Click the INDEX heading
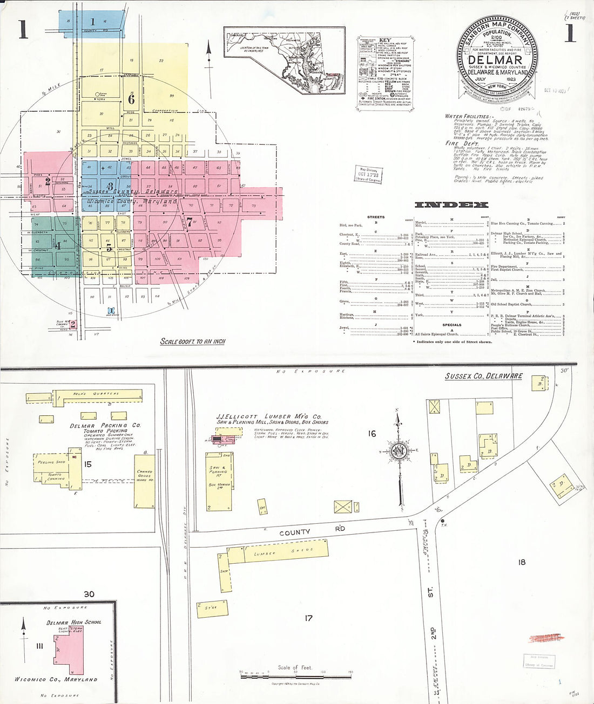pyautogui.click(x=451, y=204)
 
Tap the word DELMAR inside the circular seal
pyautogui.click(x=495, y=60)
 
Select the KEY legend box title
pyautogui.click(x=385, y=40)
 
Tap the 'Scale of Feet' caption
pyautogui.click(x=295, y=667)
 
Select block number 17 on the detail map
pyautogui.click(x=308, y=618)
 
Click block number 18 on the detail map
pyautogui.click(x=522, y=562)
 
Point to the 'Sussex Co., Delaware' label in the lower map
pyautogui.click(x=483, y=376)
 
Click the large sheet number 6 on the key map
pyautogui.click(x=131, y=99)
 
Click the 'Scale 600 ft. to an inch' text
pyautogui.click(x=193, y=341)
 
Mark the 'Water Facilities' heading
pyautogui.click(x=469, y=116)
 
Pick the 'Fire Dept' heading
pyautogui.click(x=460, y=143)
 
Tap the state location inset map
pyautogui.click(x=285, y=60)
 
